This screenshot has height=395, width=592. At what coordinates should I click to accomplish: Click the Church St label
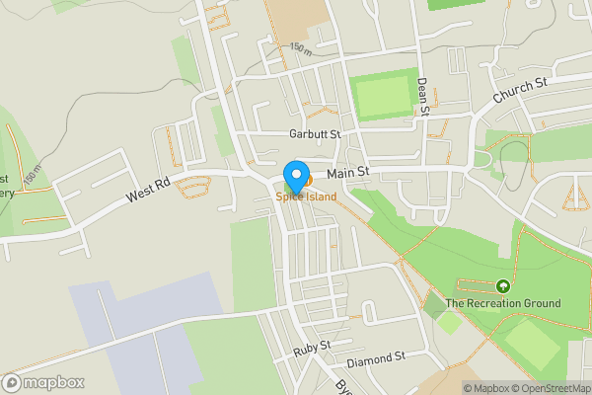pyautogui.click(x=520, y=92)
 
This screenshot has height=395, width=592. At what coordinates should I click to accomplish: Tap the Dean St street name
pyautogui.click(x=423, y=97)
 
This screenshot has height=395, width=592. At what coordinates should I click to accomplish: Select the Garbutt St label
pyautogui.click(x=315, y=134)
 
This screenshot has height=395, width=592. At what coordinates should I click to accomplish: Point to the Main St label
pyautogui.click(x=347, y=173)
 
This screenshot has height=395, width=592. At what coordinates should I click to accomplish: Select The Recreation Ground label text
pyautogui.click(x=503, y=303)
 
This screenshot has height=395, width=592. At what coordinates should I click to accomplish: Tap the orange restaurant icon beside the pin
pyautogui.click(x=307, y=181)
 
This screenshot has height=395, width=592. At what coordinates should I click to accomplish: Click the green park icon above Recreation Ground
pyautogui.click(x=503, y=286)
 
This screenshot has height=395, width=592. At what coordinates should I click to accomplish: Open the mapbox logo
pyautogui.click(x=43, y=382)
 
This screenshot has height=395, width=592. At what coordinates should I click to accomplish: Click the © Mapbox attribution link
pyautogui.click(x=485, y=388)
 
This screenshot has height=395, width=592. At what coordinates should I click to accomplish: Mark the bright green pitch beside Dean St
pyautogui.click(x=382, y=97)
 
